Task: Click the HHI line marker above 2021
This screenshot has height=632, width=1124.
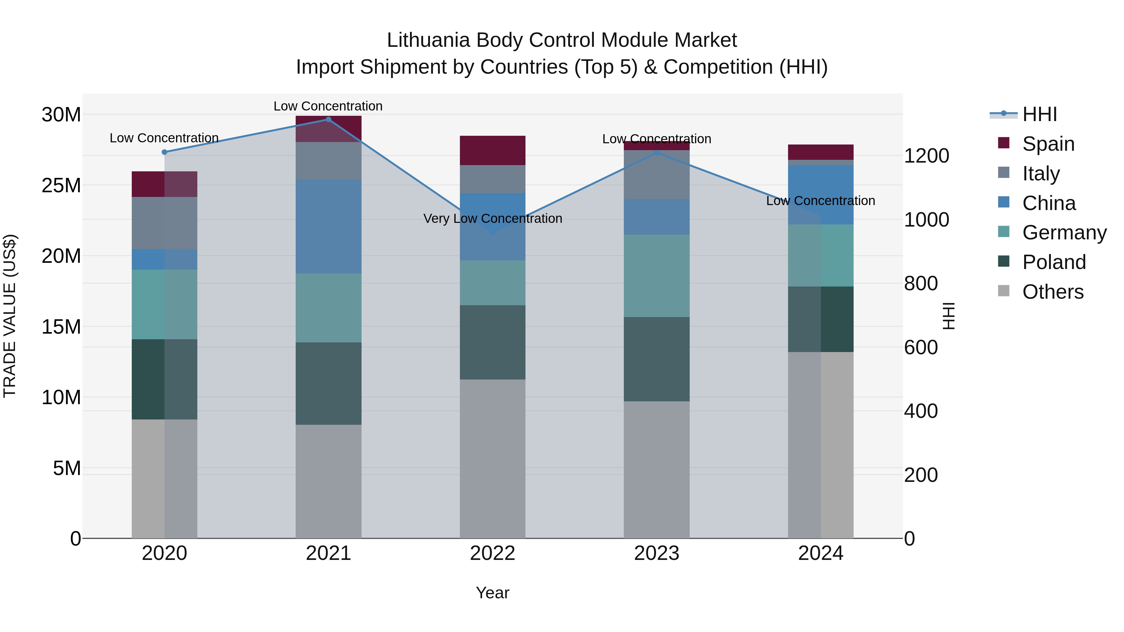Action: click(x=328, y=120)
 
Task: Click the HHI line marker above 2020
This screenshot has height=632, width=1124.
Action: click(x=165, y=152)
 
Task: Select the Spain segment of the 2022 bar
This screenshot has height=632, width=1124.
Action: click(x=493, y=150)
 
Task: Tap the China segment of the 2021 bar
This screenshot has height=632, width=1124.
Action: click(x=328, y=226)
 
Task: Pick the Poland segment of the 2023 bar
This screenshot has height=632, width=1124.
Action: click(x=657, y=359)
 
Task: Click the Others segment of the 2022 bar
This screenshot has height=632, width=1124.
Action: click(x=493, y=458)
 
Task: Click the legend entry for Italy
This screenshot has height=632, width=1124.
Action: click(x=1041, y=173)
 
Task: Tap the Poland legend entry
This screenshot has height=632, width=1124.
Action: click(x=1054, y=262)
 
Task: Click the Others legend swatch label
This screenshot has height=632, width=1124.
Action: click(x=1053, y=292)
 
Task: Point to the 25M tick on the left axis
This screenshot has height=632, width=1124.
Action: click(x=61, y=185)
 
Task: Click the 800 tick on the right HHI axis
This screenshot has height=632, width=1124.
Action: click(x=921, y=283)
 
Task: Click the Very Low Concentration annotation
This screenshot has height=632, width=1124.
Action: click(x=493, y=218)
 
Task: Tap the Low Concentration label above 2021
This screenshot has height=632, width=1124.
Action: click(x=328, y=106)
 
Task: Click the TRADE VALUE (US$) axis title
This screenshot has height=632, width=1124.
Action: click(x=10, y=316)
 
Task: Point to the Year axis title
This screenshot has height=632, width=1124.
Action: click(x=493, y=593)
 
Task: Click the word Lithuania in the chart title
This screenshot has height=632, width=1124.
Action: click(x=428, y=40)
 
